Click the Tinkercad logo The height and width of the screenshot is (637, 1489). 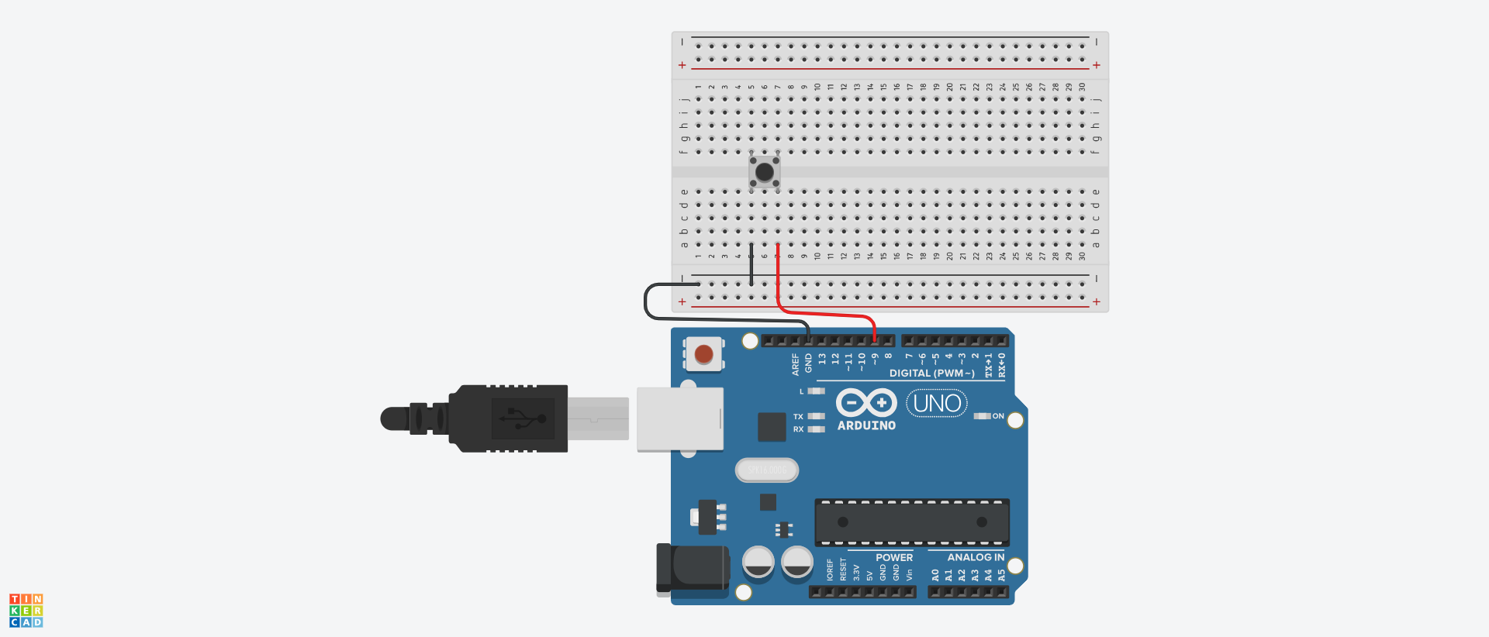(26, 611)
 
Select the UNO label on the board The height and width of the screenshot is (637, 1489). (937, 403)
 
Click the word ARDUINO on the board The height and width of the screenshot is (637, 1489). (866, 425)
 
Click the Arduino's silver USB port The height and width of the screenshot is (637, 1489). (679, 418)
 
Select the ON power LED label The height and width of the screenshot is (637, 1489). (998, 416)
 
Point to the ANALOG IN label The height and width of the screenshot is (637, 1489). (976, 557)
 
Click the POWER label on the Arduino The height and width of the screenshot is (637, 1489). (894, 557)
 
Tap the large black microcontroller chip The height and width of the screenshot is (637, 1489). (912, 522)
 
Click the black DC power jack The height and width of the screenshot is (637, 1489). (693, 568)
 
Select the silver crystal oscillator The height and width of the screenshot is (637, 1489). (767, 470)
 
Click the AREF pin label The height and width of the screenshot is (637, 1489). (795, 364)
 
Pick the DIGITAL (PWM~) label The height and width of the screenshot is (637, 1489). (931, 374)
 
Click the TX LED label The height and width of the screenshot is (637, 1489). (798, 417)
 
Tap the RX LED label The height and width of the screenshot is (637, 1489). (798, 429)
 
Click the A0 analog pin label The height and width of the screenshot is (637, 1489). (935, 575)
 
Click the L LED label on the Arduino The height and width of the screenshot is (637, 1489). (802, 391)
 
